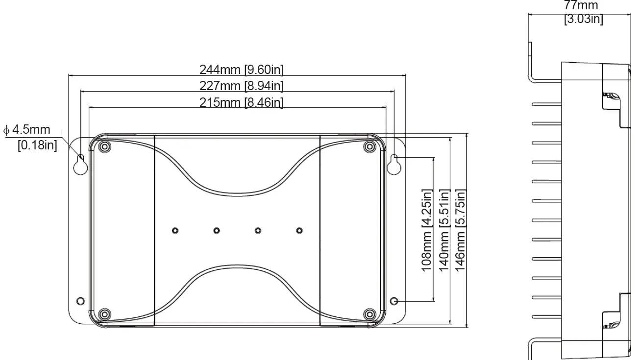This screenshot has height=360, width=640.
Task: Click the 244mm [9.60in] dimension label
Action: [242, 70]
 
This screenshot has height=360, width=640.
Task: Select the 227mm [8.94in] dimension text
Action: [242, 86]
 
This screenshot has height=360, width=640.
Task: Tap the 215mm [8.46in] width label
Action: [242, 102]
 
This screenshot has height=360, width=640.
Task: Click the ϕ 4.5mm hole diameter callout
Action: [28, 130]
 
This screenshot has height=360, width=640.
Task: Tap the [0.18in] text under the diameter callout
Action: [37, 145]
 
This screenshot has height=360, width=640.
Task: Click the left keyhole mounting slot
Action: [80, 165]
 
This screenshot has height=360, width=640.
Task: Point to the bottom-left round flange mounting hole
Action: [81, 300]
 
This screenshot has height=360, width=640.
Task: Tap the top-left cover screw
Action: [103, 147]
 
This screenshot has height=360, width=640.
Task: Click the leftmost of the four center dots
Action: [175, 230]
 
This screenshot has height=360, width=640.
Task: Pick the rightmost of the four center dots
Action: [299, 230]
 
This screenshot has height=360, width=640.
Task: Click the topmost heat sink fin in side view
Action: [546, 104]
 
